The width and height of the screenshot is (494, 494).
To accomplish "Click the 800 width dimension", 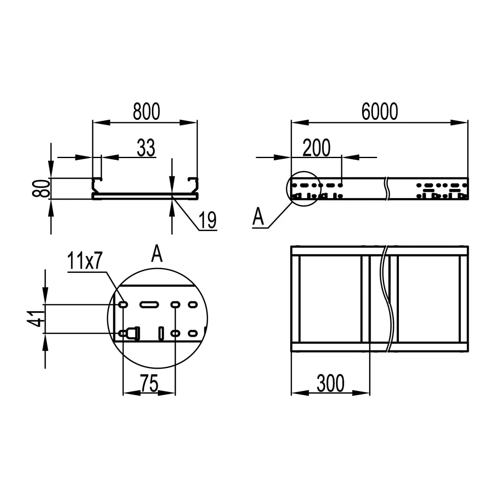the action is click(147, 112).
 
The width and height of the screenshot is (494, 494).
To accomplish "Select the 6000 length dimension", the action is click(380, 112).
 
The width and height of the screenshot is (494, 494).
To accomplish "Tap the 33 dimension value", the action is click(146, 148).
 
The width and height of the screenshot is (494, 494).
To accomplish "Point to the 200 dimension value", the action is click(317, 148).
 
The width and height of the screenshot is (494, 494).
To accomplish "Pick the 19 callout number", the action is click(207, 220).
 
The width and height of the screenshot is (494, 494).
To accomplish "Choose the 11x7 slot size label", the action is click(85, 261).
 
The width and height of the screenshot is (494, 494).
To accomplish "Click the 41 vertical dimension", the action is click(36, 319).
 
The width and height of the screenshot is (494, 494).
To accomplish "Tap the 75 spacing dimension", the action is click(149, 384).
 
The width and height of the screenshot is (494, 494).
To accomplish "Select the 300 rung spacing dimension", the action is click(331, 384).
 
